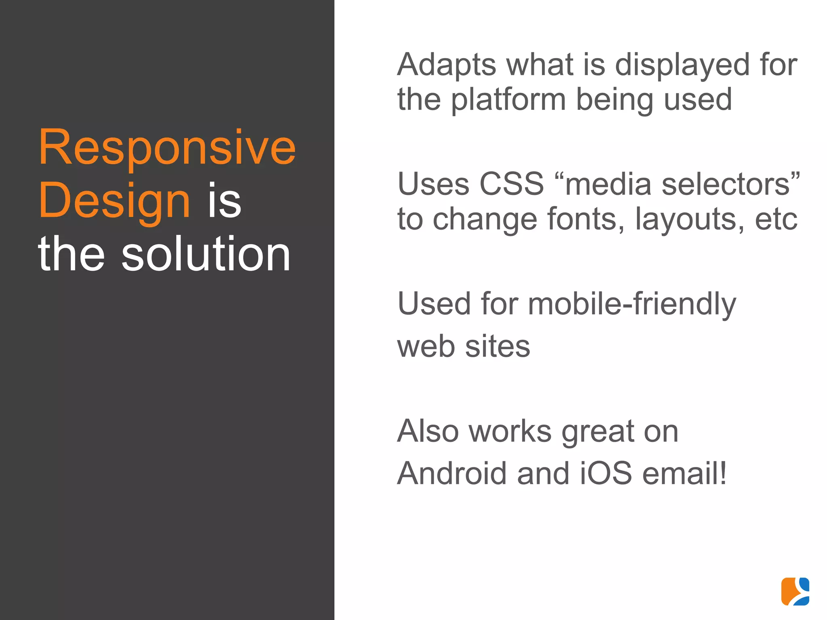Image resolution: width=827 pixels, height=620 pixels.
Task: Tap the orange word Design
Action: pyautogui.click(x=114, y=201)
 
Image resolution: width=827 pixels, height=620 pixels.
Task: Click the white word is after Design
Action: pyautogui.click(x=225, y=201)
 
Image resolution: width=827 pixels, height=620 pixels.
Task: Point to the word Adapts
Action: pyautogui.click(x=447, y=65)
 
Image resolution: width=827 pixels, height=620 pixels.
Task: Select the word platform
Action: pyautogui.click(x=508, y=100)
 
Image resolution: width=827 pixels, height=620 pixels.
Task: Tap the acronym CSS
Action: pyautogui.click(x=512, y=184)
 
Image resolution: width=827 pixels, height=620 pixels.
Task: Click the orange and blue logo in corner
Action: pyautogui.click(x=795, y=591)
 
